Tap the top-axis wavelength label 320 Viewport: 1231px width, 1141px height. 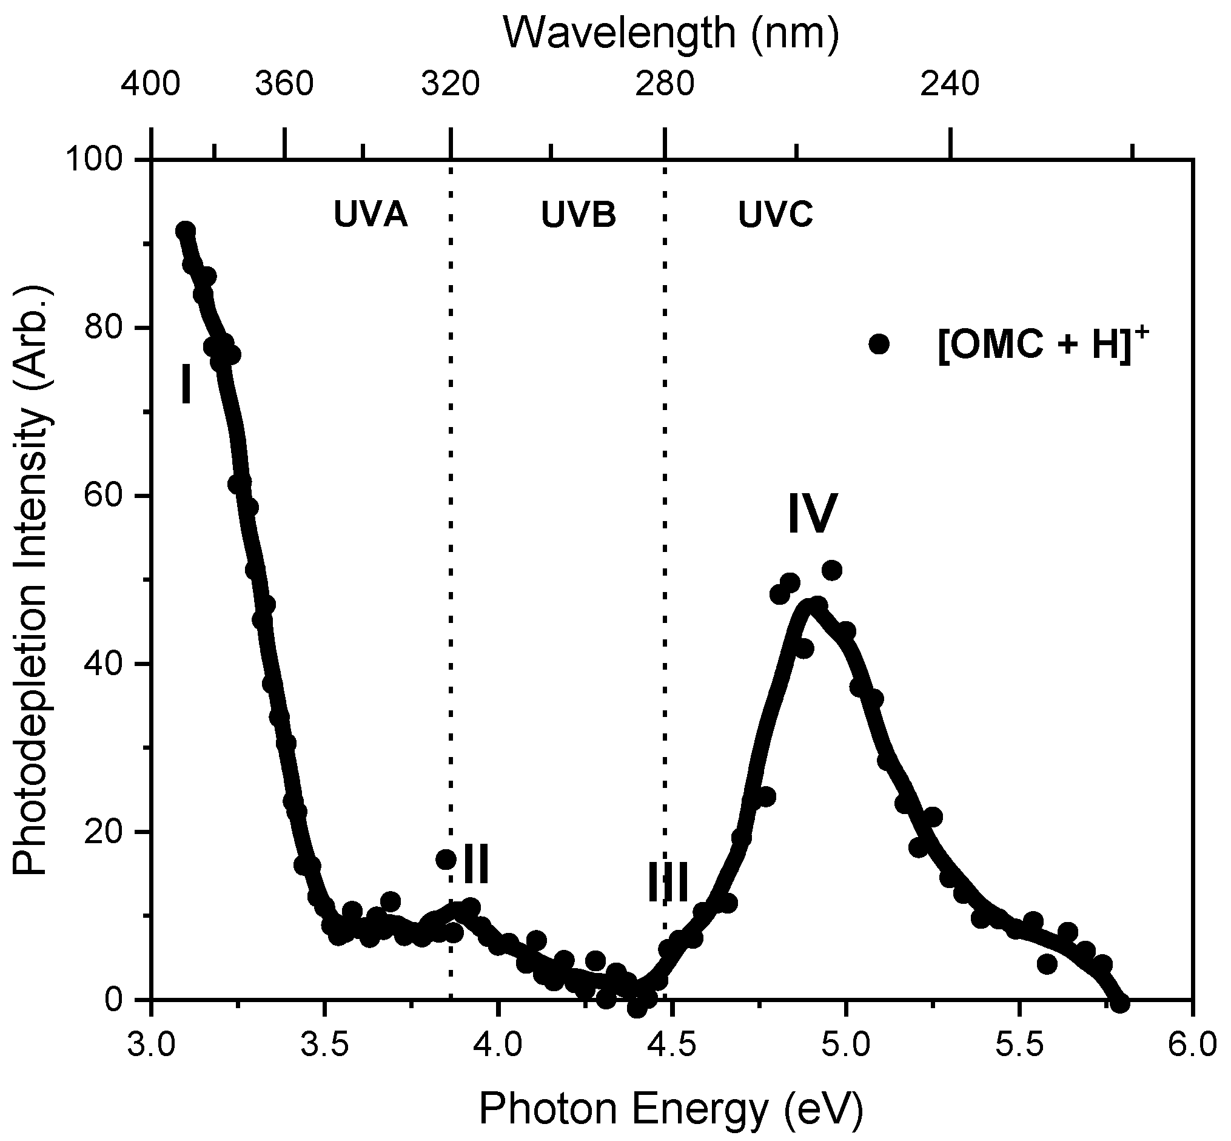[450, 84]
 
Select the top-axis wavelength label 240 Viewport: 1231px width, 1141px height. [950, 84]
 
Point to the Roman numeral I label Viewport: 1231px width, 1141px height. [186, 384]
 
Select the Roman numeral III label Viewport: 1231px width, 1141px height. [668, 883]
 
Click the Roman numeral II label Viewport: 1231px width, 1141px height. [475, 866]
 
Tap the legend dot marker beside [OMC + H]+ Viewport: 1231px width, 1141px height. [879, 344]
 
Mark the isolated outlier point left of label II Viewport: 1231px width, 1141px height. [446, 860]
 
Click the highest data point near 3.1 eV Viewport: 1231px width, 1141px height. [185, 231]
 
